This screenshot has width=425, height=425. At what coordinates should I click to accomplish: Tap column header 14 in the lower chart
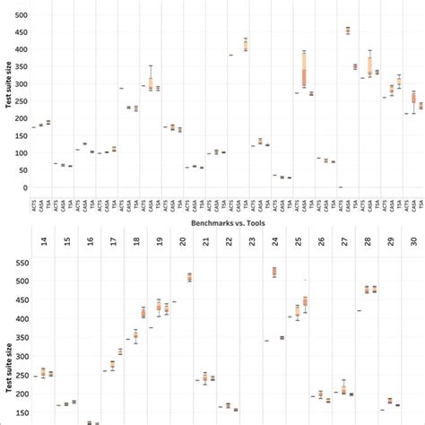(44, 242)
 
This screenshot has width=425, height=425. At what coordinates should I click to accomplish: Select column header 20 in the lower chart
(183, 242)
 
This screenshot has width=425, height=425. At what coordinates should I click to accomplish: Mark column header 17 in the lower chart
(114, 242)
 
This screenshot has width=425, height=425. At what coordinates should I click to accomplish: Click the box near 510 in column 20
(189, 277)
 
